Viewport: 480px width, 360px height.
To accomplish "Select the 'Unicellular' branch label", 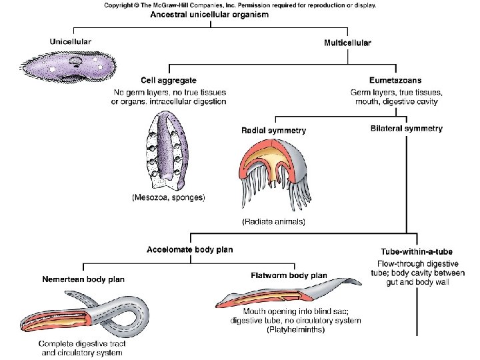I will [71, 42].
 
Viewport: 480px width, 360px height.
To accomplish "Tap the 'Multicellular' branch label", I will [347, 43].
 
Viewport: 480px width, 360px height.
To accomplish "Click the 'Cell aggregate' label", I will [168, 81].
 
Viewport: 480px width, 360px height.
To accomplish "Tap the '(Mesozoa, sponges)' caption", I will [168, 197].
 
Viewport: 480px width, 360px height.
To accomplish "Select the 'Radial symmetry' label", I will [273, 131].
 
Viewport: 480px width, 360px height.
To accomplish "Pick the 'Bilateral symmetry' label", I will [406, 128].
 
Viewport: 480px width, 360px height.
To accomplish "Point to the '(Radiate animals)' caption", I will [273, 221].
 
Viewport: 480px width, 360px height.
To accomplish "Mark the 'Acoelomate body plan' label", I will [189, 250].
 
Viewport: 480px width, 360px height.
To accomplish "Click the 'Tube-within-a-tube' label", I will [416, 252].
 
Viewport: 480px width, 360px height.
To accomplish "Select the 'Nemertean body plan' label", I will [83, 279].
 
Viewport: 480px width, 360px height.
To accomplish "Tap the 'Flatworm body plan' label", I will [289, 275].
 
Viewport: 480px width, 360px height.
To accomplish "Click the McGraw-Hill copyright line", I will [239, 5].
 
